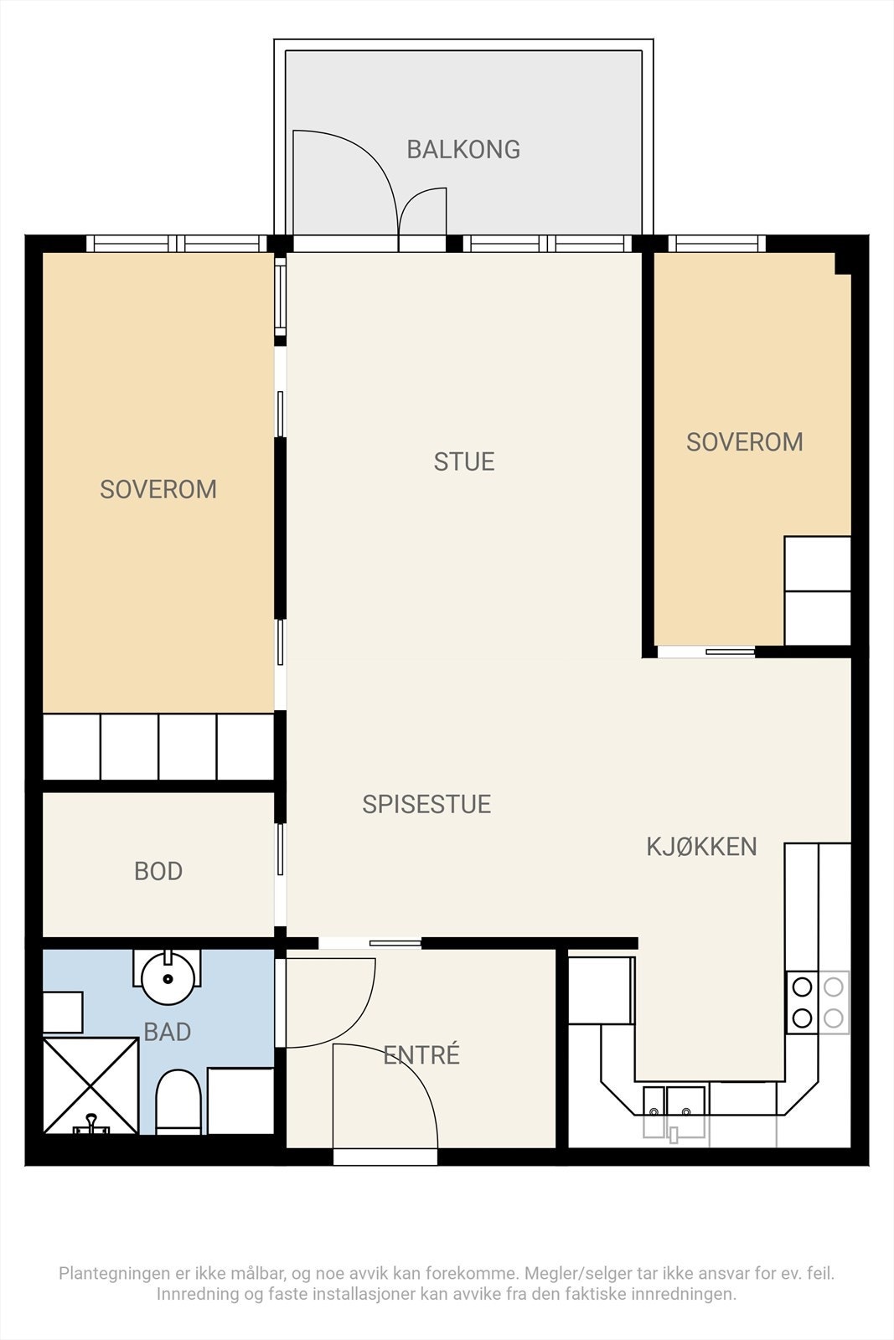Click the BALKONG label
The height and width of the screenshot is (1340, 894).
tap(463, 149)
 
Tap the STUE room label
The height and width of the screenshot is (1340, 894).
tap(463, 461)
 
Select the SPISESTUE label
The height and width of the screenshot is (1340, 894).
tap(426, 804)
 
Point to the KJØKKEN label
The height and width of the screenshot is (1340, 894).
tap(702, 846)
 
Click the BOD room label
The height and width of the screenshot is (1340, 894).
tap(158, 872)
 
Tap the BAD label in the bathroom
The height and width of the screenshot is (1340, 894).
tap(167, 1032)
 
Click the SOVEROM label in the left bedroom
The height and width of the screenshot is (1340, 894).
tap(158, 489)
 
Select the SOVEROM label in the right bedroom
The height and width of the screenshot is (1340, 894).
tap(744, 442)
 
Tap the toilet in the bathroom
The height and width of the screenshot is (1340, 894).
tap(178, 1102)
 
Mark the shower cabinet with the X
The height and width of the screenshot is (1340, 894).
tap(91, 1085)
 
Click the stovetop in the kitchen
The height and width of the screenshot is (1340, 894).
tap(818, 1002)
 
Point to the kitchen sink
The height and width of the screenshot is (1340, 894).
tap(674, 1113)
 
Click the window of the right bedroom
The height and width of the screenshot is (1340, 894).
tap(717, 244)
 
